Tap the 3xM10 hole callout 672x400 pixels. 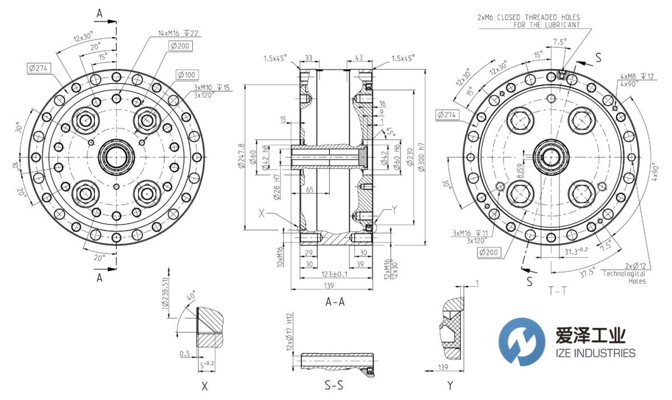[211, 87]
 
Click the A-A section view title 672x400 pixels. [334, 302]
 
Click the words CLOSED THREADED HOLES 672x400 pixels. [540, 18]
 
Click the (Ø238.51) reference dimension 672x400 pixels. [165, 294]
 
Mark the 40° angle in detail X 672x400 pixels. [190, 297]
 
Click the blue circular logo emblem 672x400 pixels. [521, 342]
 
